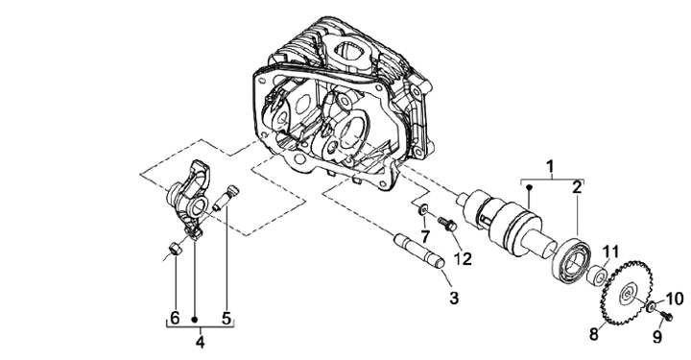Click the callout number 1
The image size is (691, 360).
click(x=550, y=167)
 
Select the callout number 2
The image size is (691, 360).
click(x=577, y=187)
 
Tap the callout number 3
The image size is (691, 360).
click(x=454, y=298)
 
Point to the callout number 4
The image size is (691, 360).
click(x=200, y=342)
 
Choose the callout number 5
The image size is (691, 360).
click(x=226, y=318)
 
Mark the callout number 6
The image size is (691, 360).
click(x=175, y=318)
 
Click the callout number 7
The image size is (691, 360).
click(x=424, y=236)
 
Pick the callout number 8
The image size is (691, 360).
click(x=594, y=334)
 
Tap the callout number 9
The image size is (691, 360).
click(x=657, y=337)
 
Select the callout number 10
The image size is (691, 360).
click(x=674, y=299)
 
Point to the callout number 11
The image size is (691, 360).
click(x=609, y=252)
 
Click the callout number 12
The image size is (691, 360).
click(x=462, y=258)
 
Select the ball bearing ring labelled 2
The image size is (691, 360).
click(x=572, y=260)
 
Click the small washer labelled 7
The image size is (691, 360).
click(x=422, y=210)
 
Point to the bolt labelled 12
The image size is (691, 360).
click(x=447, y=224)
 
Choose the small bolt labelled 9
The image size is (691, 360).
click(x=665, y=315)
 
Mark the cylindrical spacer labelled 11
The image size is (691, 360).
click(x=597, y=275)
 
